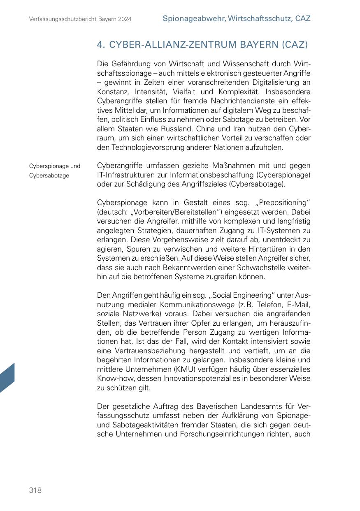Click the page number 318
click(x=35, y=490)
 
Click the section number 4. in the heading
click(x=101, y=44)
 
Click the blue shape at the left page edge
click(x=7, y=378)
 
